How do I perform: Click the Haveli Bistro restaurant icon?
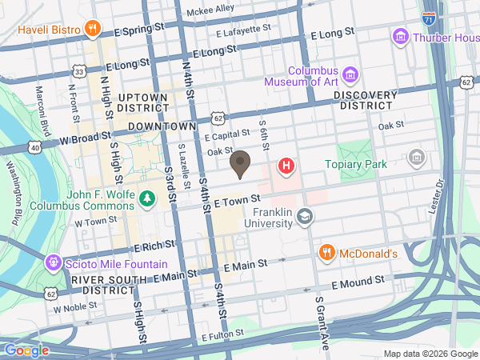(x=94, y=30)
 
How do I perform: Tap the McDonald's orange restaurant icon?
(x=326, y=254)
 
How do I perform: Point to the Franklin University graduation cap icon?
(x=305, y=216)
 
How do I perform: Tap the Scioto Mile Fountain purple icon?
(x=54, y=261)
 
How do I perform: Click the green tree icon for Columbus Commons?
(x=146, y=197)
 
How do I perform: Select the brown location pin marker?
(x=239, y=164)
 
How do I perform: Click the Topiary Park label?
(x=355, y=164)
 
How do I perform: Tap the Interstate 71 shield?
(x=430, y=18)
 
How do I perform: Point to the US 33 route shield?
(x=78, y=72)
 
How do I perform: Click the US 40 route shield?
(x=34, y=147)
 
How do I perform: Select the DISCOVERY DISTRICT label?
(x=365, y=100)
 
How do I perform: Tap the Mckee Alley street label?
(x=210, y=10)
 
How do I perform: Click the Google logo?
(x=26, y=350)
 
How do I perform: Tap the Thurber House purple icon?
(x=400, y=36)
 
